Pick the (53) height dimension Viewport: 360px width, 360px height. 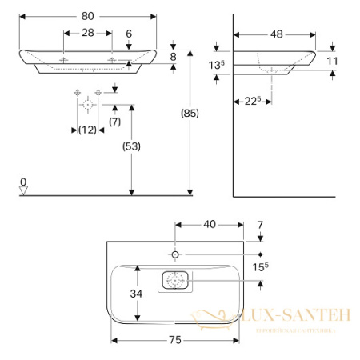(128, 147)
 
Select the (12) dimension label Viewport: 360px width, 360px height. (87, 130)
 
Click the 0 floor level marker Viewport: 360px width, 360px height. (23, 182)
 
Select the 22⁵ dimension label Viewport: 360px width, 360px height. (253, 100)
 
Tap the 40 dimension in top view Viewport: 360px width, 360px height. (210, 225)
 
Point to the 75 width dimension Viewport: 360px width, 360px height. (174, 339)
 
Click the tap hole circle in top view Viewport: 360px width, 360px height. (176, 254)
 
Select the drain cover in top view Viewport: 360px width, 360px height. (175, 281)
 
